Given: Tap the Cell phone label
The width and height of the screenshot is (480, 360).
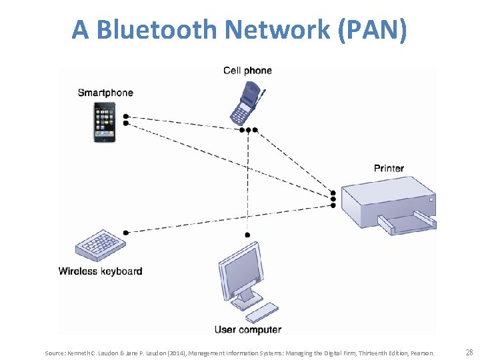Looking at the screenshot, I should coord(247,71).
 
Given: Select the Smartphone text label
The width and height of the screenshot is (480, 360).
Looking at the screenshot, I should coord(105,93).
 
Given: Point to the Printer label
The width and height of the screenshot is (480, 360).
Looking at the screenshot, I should coord(389,168).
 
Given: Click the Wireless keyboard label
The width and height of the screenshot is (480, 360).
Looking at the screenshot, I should coord(100,271).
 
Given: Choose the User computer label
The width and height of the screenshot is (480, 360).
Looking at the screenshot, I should coord(248,329).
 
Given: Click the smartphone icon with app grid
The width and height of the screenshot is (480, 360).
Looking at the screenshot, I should coord(103,121).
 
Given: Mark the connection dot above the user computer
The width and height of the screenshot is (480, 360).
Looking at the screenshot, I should coord(247,235).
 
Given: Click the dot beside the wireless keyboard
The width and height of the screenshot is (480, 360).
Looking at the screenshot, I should coord(125,232).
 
